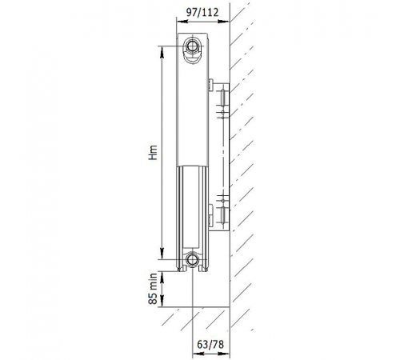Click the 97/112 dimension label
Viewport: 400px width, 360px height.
coord(202,12)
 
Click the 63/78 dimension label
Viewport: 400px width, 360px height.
coord(210,345)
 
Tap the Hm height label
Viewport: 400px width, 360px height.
coord(153,152)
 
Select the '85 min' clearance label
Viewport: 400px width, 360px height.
coord(153,289)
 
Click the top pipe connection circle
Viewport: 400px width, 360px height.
coord(191,46)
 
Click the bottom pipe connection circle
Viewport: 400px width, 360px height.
coord(191,259)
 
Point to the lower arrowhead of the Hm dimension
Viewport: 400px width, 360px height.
coord(162,253)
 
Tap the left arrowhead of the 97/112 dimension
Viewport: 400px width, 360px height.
coord(182,22)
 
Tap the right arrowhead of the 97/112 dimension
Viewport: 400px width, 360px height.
coord(224,22)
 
